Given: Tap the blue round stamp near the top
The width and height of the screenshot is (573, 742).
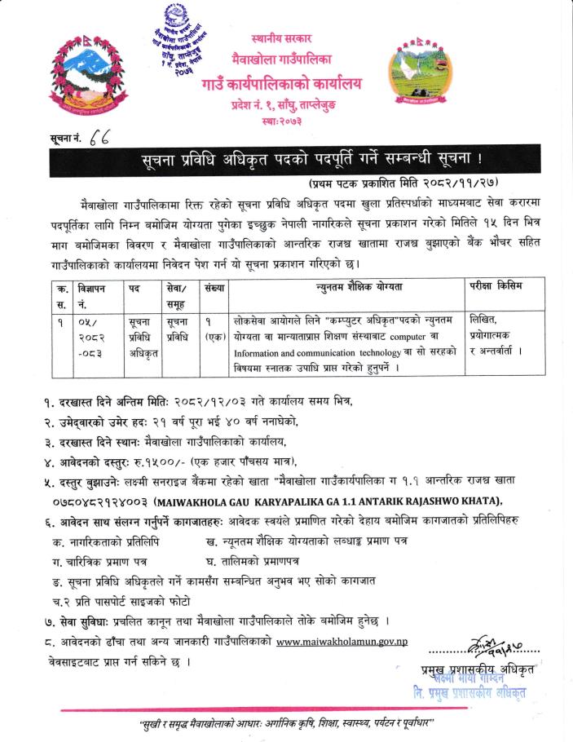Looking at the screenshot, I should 179,46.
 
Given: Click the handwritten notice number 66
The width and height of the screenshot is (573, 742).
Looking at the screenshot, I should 84,140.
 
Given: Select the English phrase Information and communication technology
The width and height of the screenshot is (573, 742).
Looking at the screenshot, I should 322,353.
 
